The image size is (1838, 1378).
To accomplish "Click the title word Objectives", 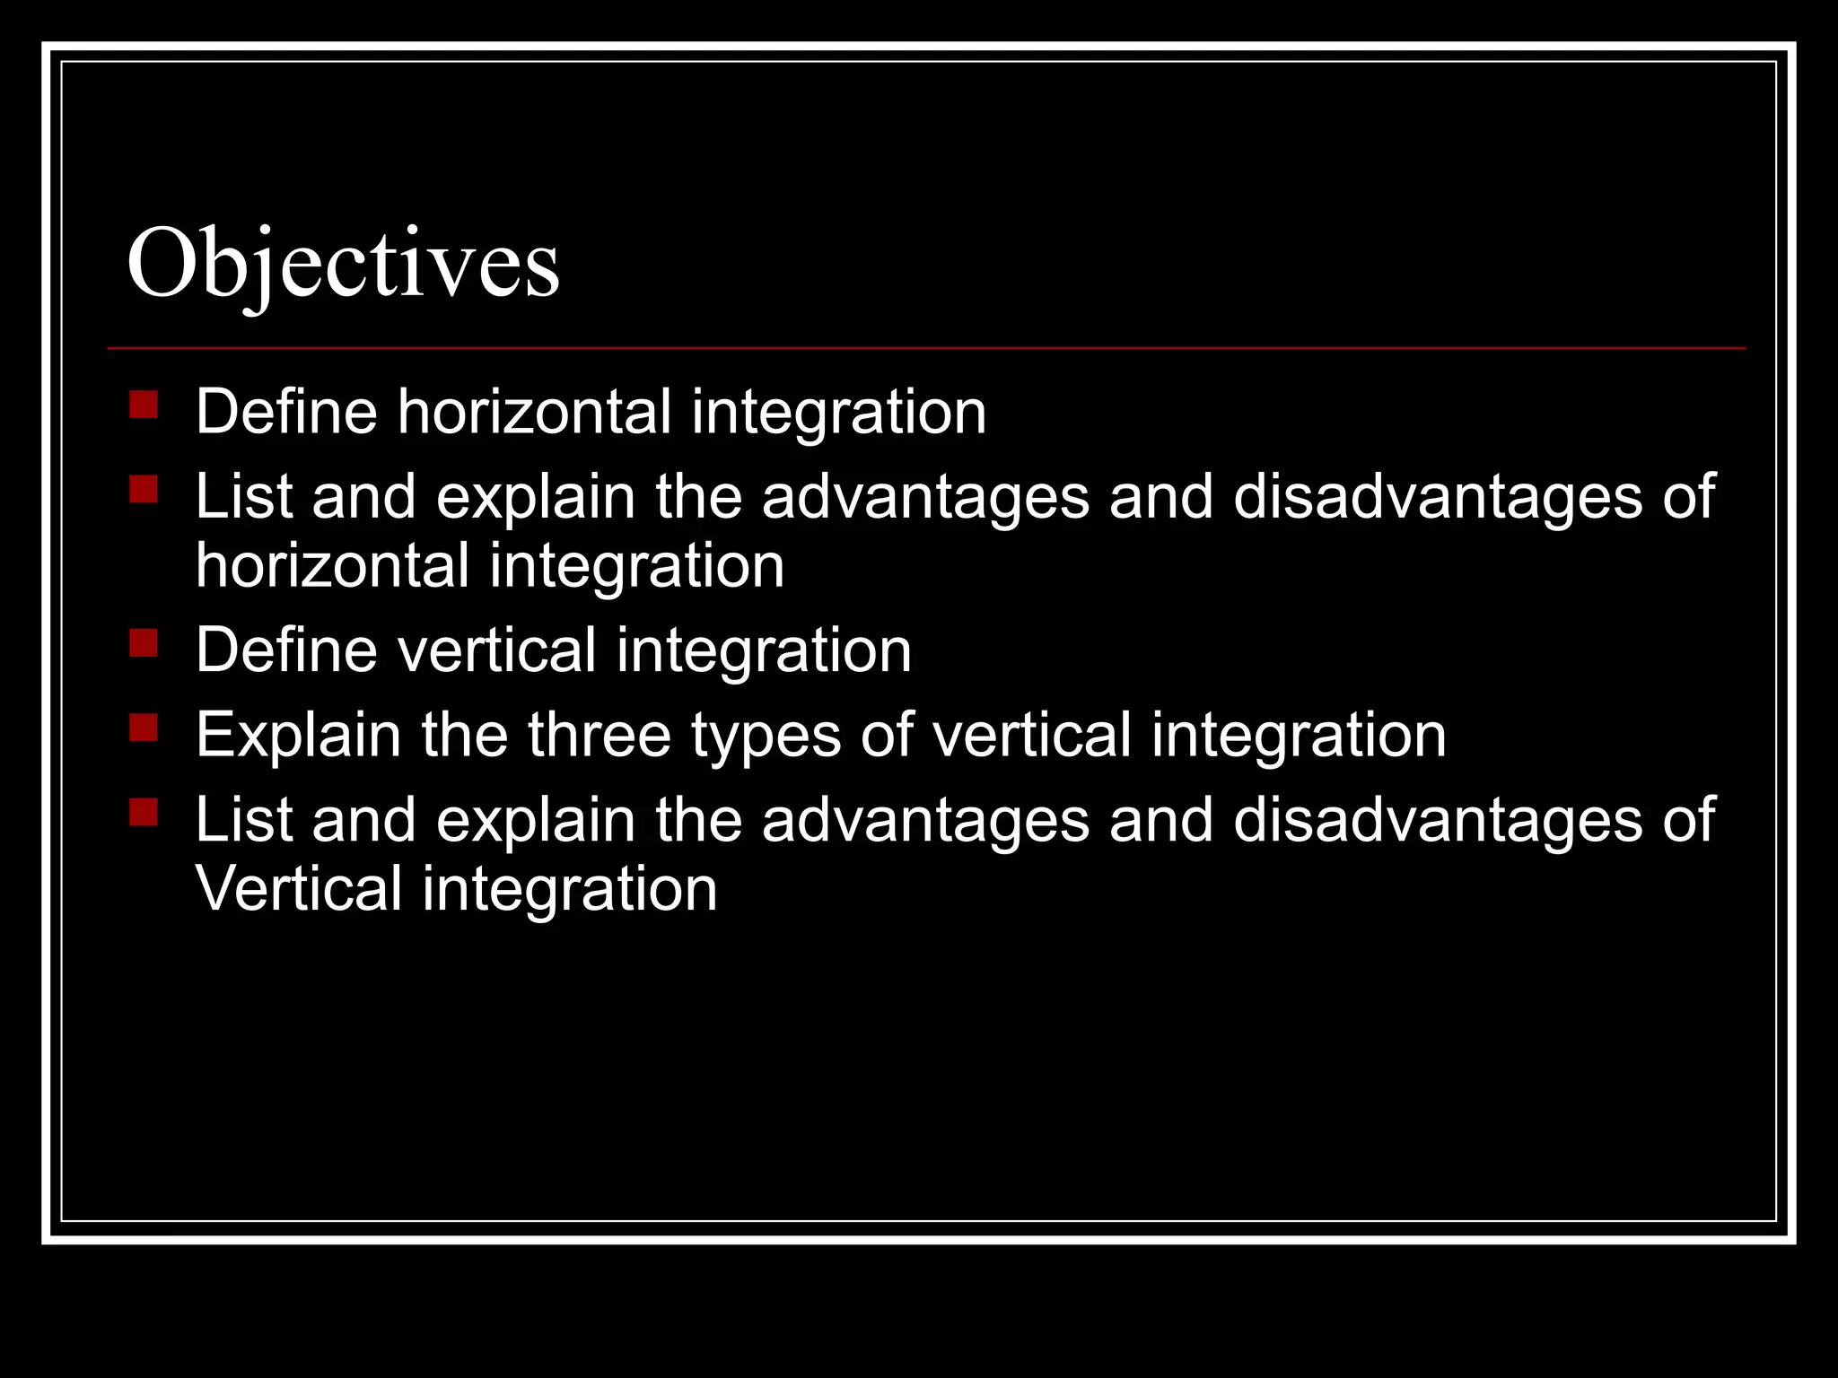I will coord(343,265).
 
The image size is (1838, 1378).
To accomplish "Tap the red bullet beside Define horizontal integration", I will coord(144,405).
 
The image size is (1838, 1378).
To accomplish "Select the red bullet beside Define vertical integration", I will coord(144,643).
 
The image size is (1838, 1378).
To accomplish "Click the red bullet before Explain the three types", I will coord(144,728).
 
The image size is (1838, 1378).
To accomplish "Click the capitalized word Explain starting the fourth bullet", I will coord(298,737).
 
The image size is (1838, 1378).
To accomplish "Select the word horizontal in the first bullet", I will coord(534,412).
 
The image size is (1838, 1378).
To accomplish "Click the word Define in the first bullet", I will coord(286,412).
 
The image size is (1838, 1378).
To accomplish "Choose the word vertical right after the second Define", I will coord(497,650).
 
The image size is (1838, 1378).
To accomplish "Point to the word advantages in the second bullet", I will coord(925,498).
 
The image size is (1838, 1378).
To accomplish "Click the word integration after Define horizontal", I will coord(838,414).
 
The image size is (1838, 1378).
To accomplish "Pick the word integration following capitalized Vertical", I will coord(569,891).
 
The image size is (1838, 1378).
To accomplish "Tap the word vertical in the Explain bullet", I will coord(1031,735).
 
